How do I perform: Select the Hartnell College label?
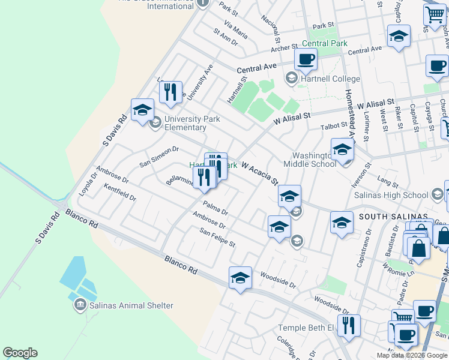pos(331,79)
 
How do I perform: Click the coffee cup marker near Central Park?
pos(306,61)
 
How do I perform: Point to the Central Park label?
pos(324,43)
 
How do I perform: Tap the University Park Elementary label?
pos(185,123)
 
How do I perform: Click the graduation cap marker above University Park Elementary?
pos(143,110)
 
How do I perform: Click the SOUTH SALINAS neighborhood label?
pos(393,216)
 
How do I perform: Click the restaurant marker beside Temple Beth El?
pos(348,326)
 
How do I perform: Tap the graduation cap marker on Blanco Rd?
pos(240,278)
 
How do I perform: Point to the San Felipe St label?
pos(217,238)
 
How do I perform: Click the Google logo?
pos(20,353)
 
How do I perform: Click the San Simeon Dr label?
pos(159,157)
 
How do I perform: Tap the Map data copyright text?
pos(412,355)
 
